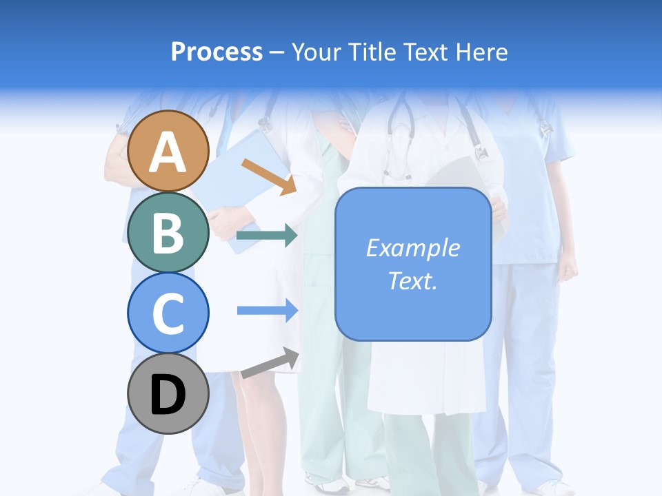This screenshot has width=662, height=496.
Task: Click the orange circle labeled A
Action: click(168, 151)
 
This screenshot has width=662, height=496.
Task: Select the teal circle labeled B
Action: click(168, 232)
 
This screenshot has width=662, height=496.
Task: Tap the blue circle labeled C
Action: click(168, 313)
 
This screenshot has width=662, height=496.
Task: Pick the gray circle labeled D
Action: click(168, 393)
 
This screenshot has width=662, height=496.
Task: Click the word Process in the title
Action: click(217, 52)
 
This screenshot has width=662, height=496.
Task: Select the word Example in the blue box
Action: click(412, 248)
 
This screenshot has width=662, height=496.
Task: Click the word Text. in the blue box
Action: click(412, 280)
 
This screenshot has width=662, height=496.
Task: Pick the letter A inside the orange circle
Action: click(168, 152)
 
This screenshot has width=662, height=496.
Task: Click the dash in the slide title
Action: click(277, 52)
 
